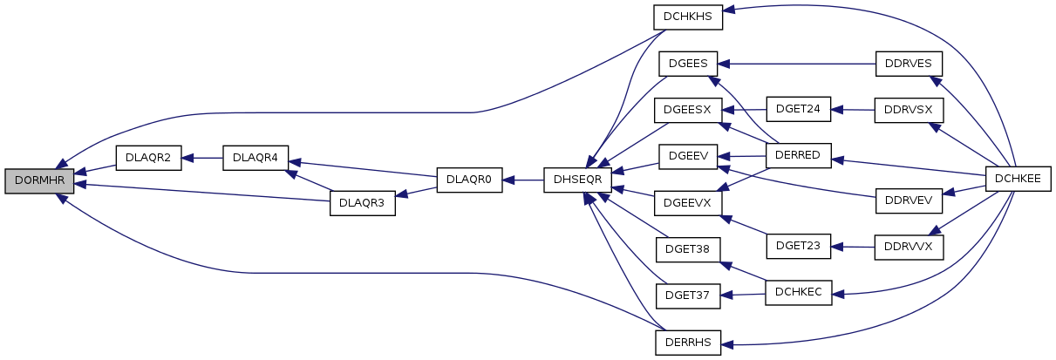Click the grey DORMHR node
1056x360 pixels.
click(x=39, y=181)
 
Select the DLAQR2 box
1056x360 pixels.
click(x=148, y=158)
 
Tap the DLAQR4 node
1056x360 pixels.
click(x=255, y=158)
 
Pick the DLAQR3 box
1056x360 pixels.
click(x=363, y=204)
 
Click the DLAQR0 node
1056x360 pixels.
click(x=469, y=180)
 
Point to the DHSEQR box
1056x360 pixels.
click(x=577, y=180)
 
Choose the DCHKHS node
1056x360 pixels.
click(x=688, y=17)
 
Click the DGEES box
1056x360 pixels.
click(x=688, y=64)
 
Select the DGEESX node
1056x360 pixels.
click(x=688, y=110)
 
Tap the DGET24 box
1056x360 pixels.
click(x=798, y=109)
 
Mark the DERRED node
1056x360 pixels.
click(x=798, y=156)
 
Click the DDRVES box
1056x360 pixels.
click(x=909, y=64)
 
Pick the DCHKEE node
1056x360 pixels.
click(x=1018, y=179)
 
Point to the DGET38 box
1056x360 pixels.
click(x=688, y=250)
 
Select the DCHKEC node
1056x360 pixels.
click(x=798, y=293)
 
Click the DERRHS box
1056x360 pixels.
click(x=688, y=343)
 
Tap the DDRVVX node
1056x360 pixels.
click(x=909, y=247)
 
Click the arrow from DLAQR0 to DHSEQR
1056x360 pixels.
click(x=523, y=180)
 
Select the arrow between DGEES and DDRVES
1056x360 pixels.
click(x=797, y=64)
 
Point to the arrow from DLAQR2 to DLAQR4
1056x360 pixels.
click(x=202, y=158)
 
